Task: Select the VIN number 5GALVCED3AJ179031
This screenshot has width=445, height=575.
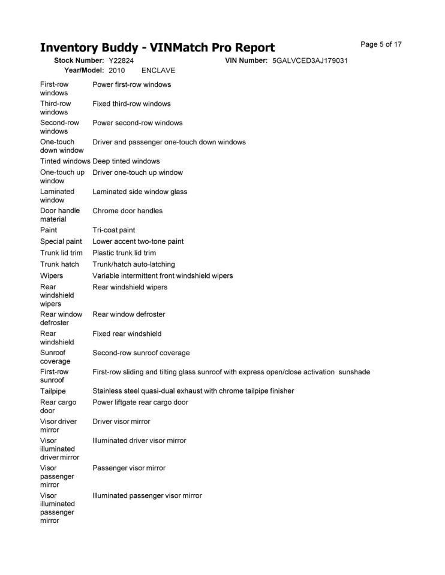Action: pos(309,61)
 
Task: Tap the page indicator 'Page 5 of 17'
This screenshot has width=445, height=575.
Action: pos(381,44)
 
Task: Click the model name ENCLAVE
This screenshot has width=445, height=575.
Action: pos(158,70)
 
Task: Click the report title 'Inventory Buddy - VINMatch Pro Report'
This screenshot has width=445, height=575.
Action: pos(157,48)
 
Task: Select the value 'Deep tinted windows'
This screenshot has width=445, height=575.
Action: pos(126,161)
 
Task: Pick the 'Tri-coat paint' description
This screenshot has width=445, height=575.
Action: pos(113,230)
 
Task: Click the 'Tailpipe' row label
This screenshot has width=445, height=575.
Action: pos(53,391)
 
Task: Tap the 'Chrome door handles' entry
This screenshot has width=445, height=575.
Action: pos(127,211)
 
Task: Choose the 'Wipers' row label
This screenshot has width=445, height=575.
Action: pos(52,276)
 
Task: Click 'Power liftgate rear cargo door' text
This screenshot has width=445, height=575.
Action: pos(140,402)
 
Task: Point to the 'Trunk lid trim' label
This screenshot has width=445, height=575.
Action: pos(61,253)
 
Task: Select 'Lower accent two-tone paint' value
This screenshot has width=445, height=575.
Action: pos(138,241)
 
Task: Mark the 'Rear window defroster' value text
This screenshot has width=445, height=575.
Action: pos(128,314)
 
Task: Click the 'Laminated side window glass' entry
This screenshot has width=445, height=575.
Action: pos(140,192)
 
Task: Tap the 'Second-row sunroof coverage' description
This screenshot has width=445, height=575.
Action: pos(141,353)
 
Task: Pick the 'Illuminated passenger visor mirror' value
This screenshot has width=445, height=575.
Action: pos(147,496)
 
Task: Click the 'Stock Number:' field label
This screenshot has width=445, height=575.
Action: pos(79,61)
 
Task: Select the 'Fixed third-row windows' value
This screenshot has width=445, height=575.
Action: pos(131,104)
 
